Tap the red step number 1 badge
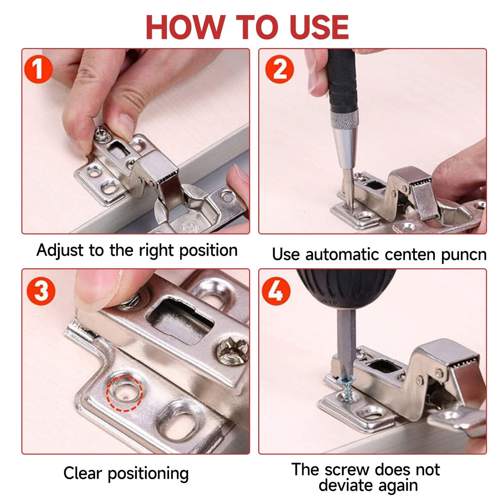(x=38, y=69)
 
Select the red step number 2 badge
(x=279, y=69)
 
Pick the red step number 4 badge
(x=276, y=291)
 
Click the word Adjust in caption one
(x=60, y=251)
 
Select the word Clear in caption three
(x=82, y=473)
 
